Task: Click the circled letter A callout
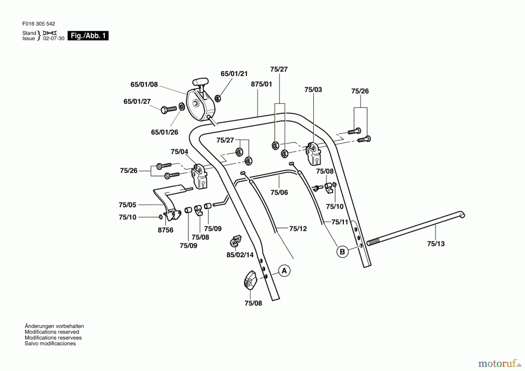[x=284, y=271]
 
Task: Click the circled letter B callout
[x=342, y=252]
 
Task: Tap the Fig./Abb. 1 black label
[x=88, y=36]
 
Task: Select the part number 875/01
[x=261, y=84]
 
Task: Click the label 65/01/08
[x=144, y=84]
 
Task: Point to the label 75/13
[x=436, y=244]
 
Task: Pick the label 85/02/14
[x=240, y=255]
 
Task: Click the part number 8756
[x=165, y=230]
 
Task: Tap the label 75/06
[x=279, y=192]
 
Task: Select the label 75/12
[x=298, y=229]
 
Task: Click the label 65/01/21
[x=234, y=74]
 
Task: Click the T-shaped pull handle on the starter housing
[x=201, y=83]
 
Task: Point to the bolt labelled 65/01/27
[x=169, y=109]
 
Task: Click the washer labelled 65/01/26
[x=181, y=107]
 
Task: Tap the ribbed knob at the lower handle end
[x=250, y=280]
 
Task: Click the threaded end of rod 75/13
[x=373, y=242]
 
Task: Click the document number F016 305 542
[x=38, y=24]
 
